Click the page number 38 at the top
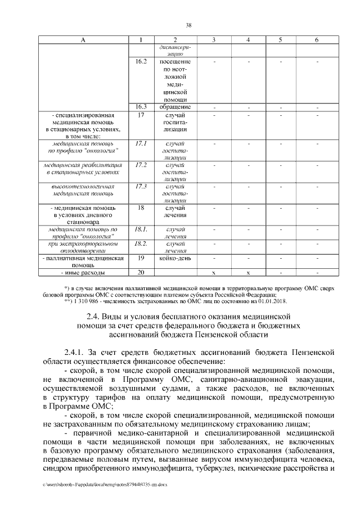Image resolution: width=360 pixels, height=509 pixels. click(x=189, y=25)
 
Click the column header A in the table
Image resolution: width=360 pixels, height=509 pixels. click(x=83, y=39)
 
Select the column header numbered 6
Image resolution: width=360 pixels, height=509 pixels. click(x=317, y=39)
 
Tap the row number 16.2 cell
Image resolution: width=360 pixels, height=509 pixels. click(x=141, y=61)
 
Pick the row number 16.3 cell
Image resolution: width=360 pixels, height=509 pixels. click(x=141, y=106)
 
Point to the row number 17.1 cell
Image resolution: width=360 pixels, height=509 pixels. click(x=141, y=143)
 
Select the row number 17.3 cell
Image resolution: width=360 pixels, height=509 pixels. click(x=141, y=186)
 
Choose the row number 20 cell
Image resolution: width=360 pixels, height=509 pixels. click(x=141, y=273)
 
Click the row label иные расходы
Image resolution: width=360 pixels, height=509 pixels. click(x=83, y=273)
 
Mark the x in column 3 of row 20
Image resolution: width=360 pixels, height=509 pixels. click(x=214, y=273)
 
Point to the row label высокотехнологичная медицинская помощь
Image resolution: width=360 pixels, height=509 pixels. click(x=83, y=190)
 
